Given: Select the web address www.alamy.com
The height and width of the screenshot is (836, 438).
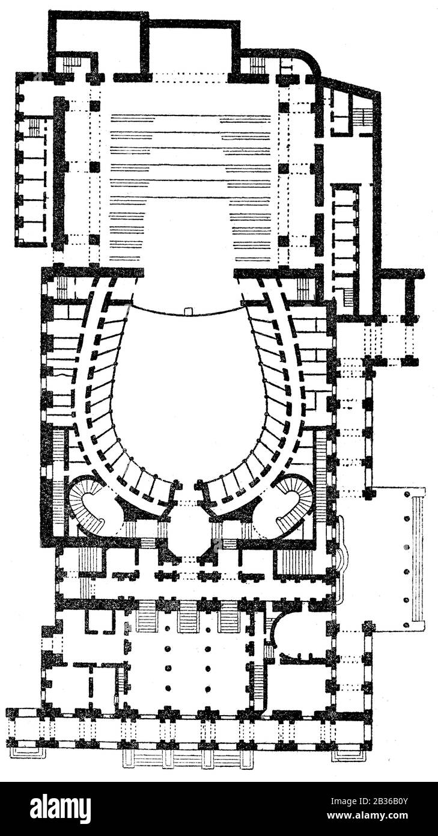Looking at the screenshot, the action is point(367,815).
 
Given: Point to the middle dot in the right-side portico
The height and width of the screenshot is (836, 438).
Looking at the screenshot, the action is point(406,547).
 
